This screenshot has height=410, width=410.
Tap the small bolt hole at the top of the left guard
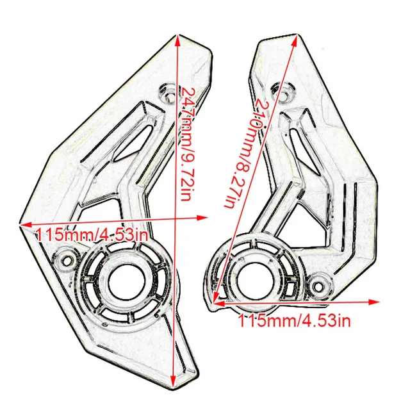pos(168,94)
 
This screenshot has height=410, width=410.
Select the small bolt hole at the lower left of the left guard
pos(64,261)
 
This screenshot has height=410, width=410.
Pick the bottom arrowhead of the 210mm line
pos(216,300)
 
